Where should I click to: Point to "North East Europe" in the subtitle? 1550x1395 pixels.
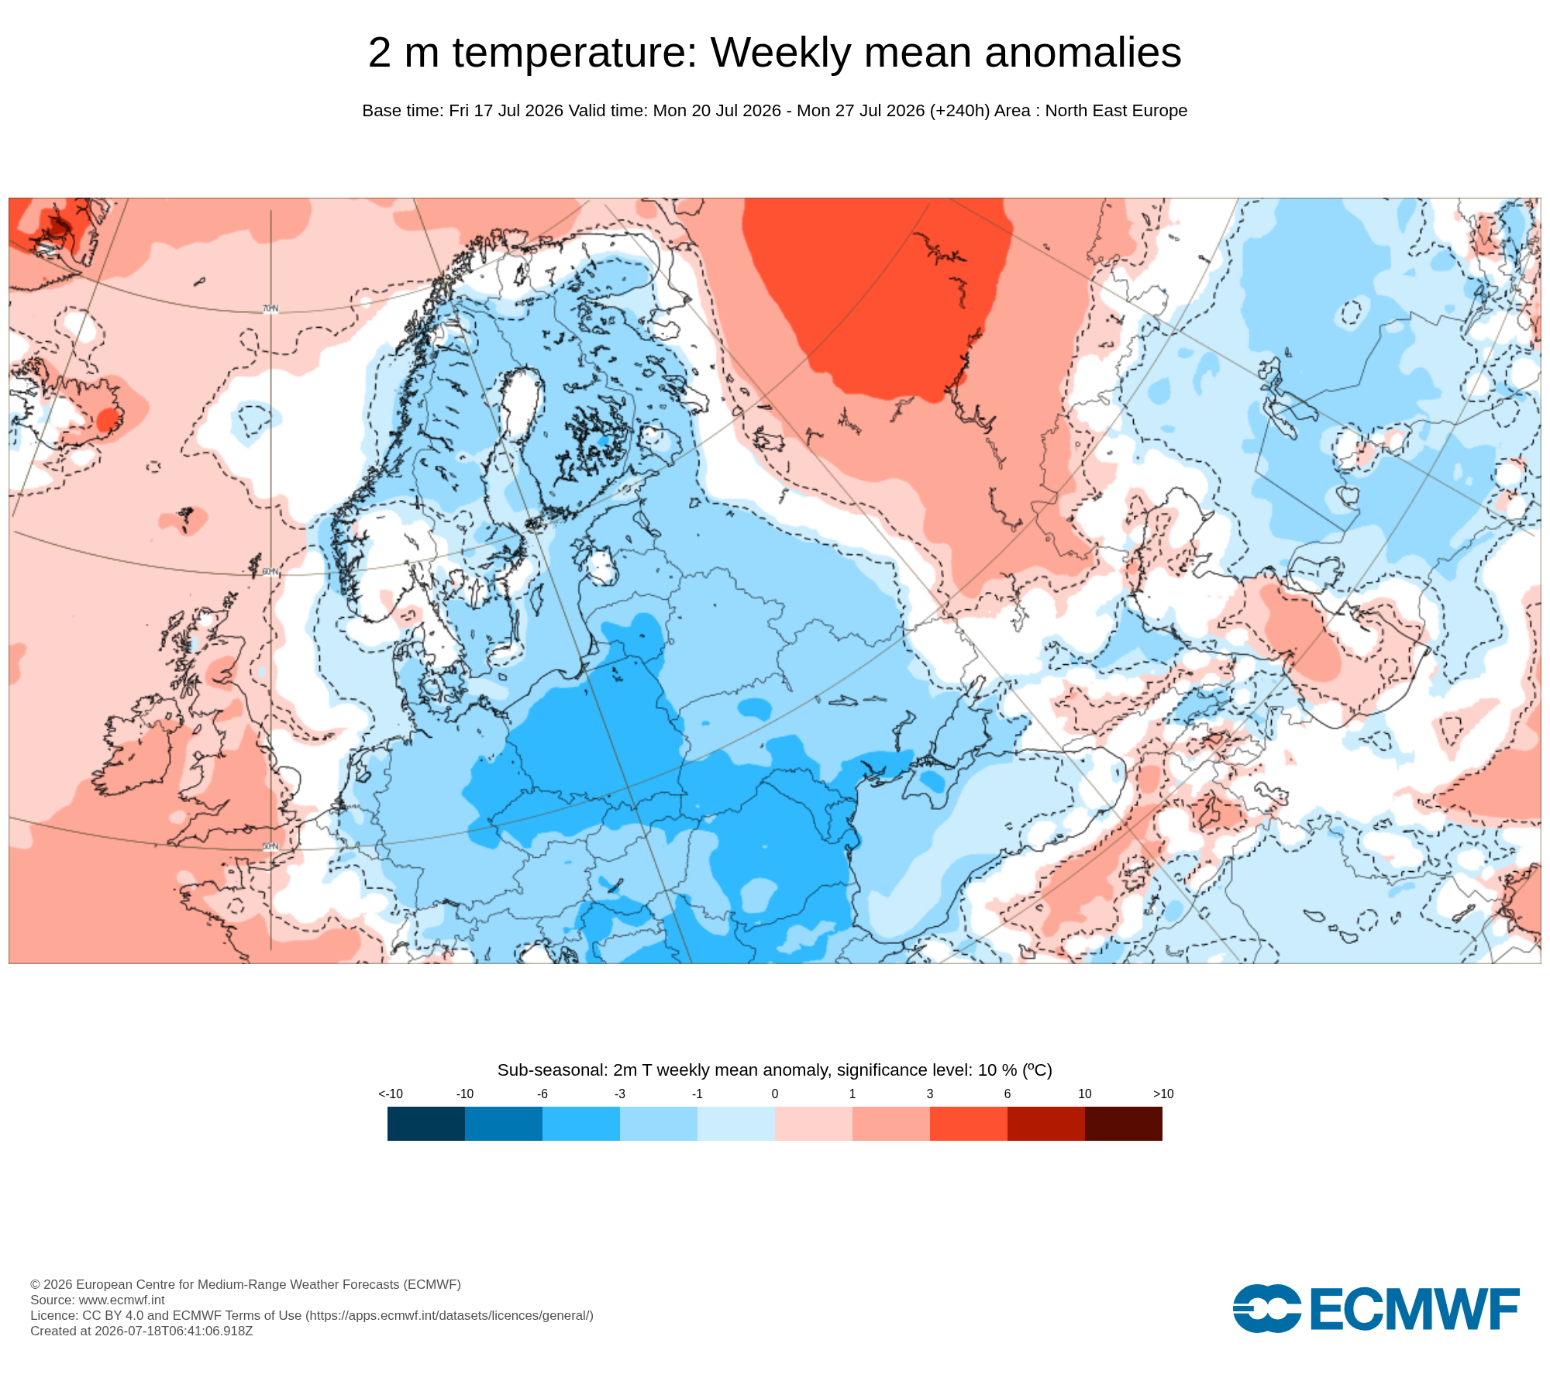tap(1116, 111)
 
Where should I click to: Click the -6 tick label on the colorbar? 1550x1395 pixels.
tap(542, 1094)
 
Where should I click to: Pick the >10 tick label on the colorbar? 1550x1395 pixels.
tap(1163, 1094)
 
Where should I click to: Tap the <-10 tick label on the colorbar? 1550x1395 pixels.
tap(391, 1094)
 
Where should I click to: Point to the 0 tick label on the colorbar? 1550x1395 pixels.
tap(775, 1094)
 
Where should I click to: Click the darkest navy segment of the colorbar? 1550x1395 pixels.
tap(426, 1124)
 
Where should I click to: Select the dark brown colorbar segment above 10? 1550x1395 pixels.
tap(1124, 1124)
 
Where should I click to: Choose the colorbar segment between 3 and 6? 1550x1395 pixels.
tap(969, 1124)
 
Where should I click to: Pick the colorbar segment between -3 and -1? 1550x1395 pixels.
tap(659, 1124)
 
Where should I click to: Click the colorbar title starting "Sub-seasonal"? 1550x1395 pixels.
tap(775, 1070)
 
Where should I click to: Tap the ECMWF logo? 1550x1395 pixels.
tap(1376, 1308)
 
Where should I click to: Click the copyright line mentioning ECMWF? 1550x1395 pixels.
tap(246, 1284)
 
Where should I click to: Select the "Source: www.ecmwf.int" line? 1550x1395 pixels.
tap(98, 1300)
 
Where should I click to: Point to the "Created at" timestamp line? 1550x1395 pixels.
tap(142, 1331)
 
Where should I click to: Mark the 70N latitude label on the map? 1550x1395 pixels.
tap(270, 308)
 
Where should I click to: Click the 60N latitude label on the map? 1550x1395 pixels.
tap(270, 572)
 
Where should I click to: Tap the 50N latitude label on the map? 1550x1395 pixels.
tap(270, 846)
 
